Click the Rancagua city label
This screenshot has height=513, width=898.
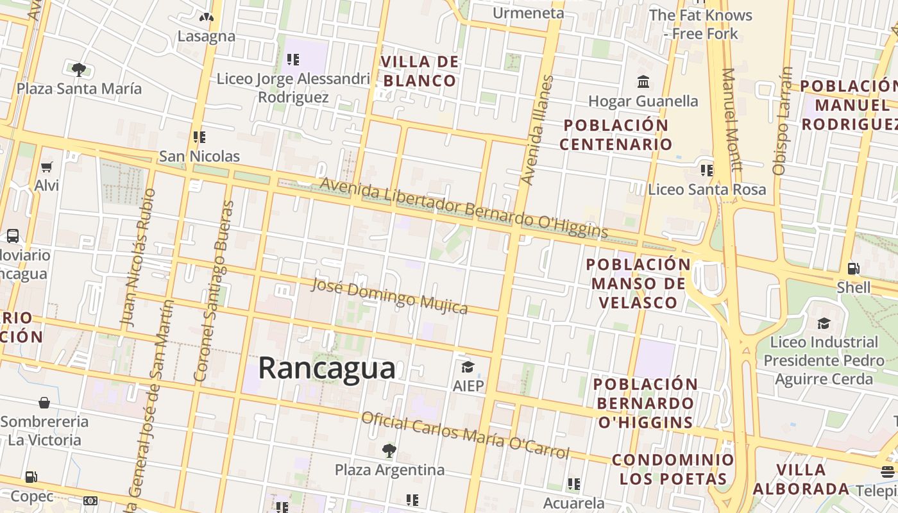[326, 369]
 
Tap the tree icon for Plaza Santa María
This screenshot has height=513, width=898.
[79, 69]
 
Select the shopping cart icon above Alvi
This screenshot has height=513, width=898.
[46, 167]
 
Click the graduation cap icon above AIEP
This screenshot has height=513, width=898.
[468, 367]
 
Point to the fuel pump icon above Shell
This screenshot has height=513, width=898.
[853, 269]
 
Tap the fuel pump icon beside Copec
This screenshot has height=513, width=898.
[31, 477]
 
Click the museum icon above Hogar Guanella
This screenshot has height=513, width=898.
[643, 82]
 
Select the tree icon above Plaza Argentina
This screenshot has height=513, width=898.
[389, 450]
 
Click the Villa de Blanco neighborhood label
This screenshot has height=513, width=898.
[420, 71]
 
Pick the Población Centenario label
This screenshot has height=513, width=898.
[615, 134]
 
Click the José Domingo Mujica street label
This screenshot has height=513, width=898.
[389, 296]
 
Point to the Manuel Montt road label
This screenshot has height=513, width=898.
[732, 119]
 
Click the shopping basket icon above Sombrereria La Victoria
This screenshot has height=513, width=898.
[44, 403]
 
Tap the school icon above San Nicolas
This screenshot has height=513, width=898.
[199, 137]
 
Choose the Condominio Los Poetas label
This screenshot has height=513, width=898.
[673, 469]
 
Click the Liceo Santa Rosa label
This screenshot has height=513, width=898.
[707, 189]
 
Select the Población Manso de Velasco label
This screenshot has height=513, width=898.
[638, 283]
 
